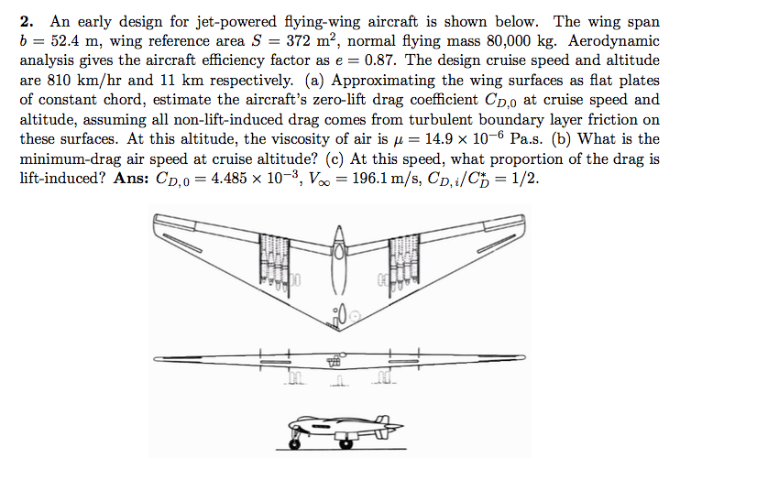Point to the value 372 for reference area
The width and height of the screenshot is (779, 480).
tap(296, 41)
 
